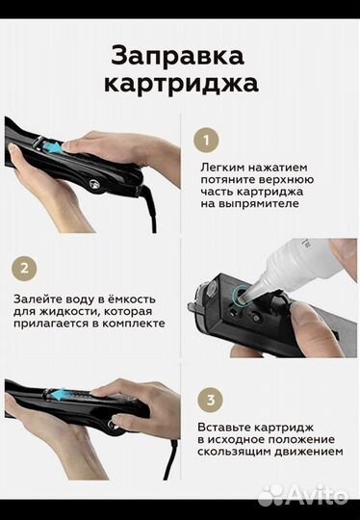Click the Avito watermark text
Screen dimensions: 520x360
click(322, 496)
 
